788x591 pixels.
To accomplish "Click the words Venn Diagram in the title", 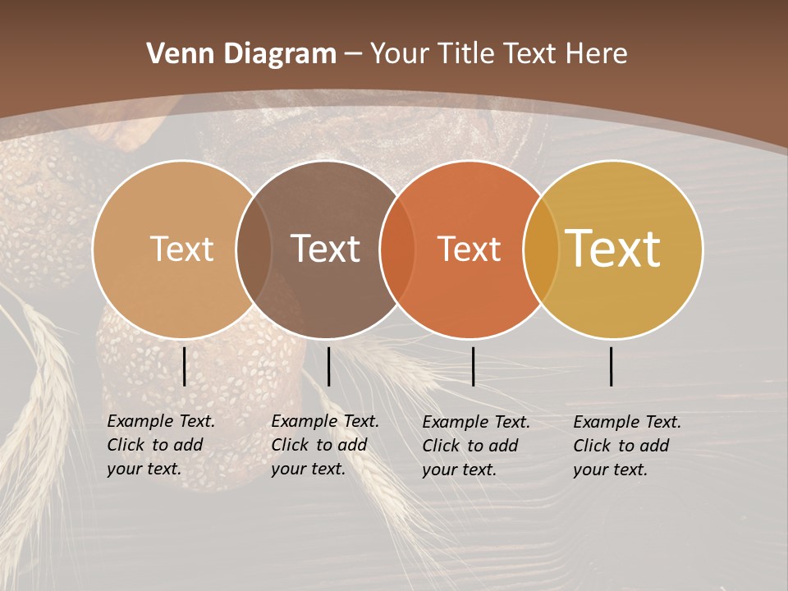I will pyautogui.click(x=241, y=53).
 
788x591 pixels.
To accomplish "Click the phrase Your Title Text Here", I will pyautogui.click(x=498, y=53).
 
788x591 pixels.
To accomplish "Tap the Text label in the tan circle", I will pyautogui.click(x=181, y=249).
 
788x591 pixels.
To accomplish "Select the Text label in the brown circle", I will pyautogui.click(x=326, y=249).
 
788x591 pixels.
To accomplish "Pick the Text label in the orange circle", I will pyautogui.click(x=469, y=250).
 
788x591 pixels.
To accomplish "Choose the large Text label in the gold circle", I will pyautogui.click(x=613, y=248).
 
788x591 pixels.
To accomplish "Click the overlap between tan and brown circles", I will pyautogui.click(x=254, y=250).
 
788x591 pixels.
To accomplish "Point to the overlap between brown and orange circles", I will pyautogui.click(x=397, y=250).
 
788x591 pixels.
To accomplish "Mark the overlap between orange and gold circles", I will pyautogui.click(x=541, y=250).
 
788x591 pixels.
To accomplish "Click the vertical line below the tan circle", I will pyautogui.click(x=185, y=366).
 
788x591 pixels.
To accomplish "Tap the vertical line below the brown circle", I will pyautogui.click(x=328, y=366).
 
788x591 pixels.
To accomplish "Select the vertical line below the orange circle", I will pyautogui.click(x=473, y=366).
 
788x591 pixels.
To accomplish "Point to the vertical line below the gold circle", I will pyautogui.click(x=612, y=366).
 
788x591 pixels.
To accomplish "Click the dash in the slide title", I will pyautogui.click(x=353, y=54).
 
